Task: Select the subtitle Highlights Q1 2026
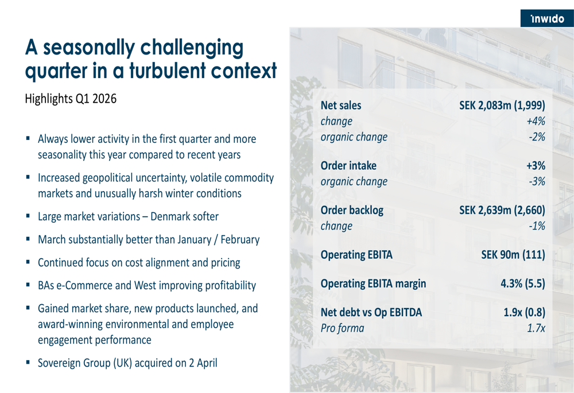[x=71, y=99]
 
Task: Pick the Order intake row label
[x=348, y=166]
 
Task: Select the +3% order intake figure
[x=535, y=166]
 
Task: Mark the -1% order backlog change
[x=536, y=226]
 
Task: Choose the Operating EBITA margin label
[x=373, y=283]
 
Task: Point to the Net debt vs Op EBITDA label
[x=371, y=313]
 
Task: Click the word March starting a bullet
[x=52, y=240]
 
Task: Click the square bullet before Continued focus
[x=28, y=263]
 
